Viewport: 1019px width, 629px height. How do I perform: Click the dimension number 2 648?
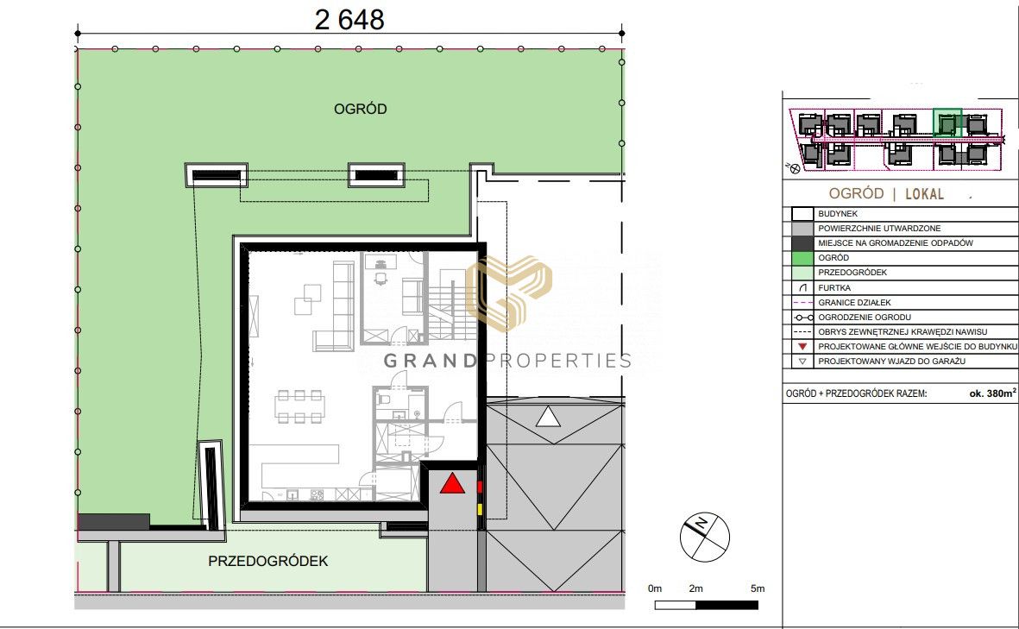[x=349, y=20]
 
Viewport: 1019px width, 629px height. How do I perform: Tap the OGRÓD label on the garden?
[x=360, y=109]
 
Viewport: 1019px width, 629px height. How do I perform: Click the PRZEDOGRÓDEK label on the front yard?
[x=267, y=561]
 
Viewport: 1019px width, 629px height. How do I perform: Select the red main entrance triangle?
[x=452, y=483]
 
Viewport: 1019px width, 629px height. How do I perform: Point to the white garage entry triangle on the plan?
[x=548, y=417]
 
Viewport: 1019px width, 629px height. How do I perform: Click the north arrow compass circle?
[x=704, y=537]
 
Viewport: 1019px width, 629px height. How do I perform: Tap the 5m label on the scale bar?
[x=757, y=588]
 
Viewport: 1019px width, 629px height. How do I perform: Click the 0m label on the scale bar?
[x=654, y=588]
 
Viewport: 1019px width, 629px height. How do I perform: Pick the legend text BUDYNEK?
[x=838, y=214]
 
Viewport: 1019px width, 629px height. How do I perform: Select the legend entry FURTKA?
[x=834, y=288]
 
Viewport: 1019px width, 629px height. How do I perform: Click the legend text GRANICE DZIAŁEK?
[x=854, y=303]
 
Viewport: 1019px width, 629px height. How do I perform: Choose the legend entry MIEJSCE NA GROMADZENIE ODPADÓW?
[x=896, y=243]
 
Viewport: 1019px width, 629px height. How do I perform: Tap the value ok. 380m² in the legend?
[x=992, y=393]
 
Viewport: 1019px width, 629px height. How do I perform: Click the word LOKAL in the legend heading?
[x=924, y=193]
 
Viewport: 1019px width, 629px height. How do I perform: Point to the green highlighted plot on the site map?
[x=947, y=123]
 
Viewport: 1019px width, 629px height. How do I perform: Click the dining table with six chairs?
[x=299, y=406]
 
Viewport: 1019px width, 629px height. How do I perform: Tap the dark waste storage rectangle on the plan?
[x=114, y=521]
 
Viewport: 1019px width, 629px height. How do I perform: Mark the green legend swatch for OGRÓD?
[x=802, y=258]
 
